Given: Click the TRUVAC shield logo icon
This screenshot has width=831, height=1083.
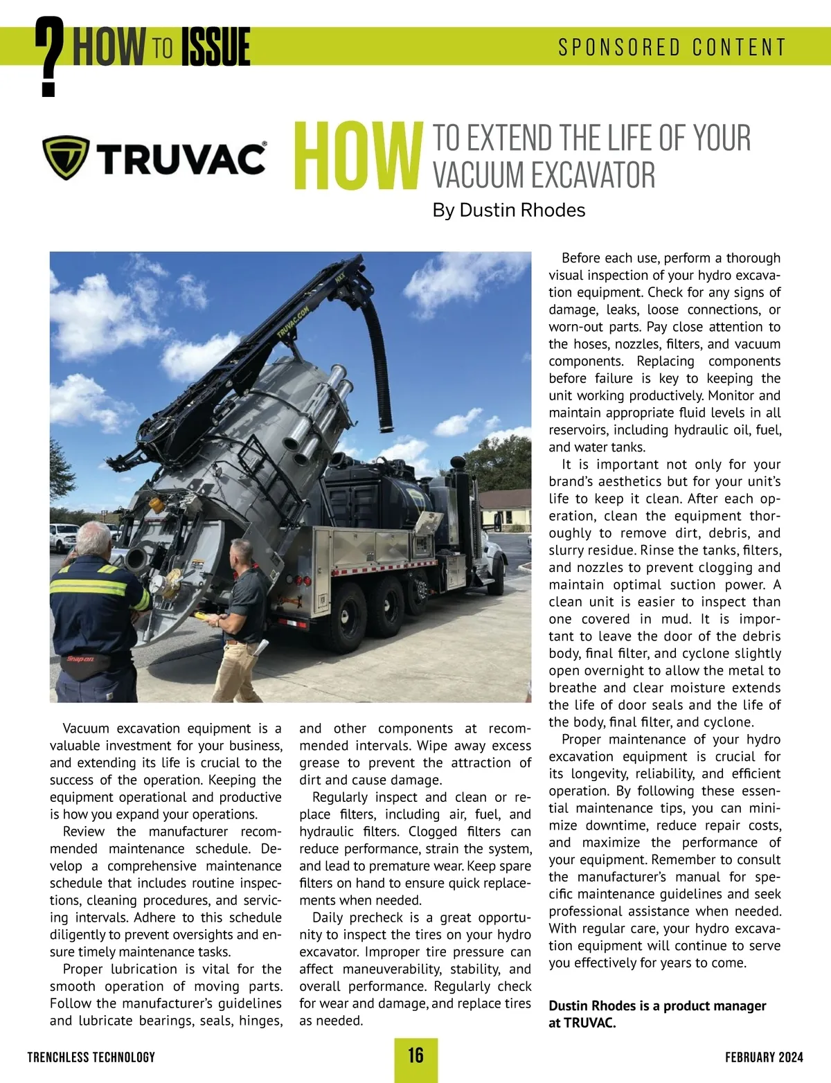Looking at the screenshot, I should pyautogui.click(x=66, y=157).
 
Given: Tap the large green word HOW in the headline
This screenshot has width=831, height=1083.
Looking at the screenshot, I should pyautogui.click(x=358, y=157).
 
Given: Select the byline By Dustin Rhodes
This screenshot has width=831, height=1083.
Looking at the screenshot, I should pyautogui.click(x=508, y=211).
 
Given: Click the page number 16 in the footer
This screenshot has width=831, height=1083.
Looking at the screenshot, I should pyautogui.click(x=415, y=1055).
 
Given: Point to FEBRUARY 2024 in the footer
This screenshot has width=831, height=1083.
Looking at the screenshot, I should pyautogui.click(x=764, y=1057).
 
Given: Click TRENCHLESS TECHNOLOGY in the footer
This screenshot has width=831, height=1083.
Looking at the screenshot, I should pyautogui.click(x=91, y=1057).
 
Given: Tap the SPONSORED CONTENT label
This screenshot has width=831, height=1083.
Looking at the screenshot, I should pyautogui.click(x=672, y=47).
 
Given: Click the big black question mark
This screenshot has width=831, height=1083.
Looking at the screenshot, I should pyautogui.click(x=48, y=57).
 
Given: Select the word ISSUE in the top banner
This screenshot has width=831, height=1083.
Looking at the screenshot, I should pyautogui.click(x=215, y=47).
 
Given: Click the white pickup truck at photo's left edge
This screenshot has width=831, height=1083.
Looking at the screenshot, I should pyautogui.click(x=64, y=537).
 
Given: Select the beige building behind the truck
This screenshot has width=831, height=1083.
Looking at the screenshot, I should pyautogui.click(x=506, y=509).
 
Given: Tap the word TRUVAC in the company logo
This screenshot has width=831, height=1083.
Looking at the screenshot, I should pyautogui.click(x=181, y=159).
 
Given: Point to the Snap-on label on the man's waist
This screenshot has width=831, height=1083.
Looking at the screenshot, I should pyautogui.click(x=81, y=659).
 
